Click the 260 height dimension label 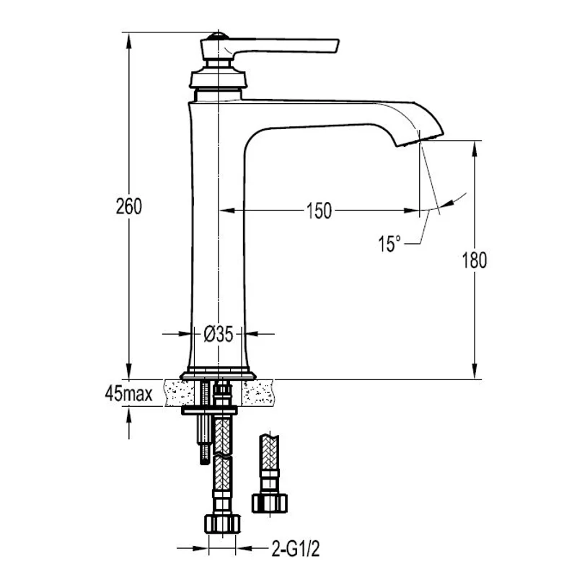click(129, 206)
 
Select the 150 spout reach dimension click(319, 211)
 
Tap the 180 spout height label click(475, 260)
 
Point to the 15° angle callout click(389, 244)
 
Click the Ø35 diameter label click(219, 335)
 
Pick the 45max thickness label click(128, 394)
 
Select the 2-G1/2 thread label click(296, 549)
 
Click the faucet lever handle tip click(336, 45)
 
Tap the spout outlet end click(420, 140)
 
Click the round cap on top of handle click(218, 36)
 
